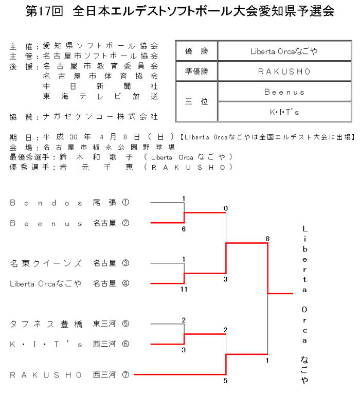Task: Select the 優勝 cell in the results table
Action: pos(196,51)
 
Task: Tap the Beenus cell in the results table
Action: pos(284,92)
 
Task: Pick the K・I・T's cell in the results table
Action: pos(284,112)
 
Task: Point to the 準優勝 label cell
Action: pos(196,71)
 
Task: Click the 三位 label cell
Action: pos(196,102)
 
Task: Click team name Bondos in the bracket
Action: pos(46,203)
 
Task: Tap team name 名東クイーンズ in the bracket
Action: pos(46,263)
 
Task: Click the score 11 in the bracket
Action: pos(184,290)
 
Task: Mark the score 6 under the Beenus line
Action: pos(184,229)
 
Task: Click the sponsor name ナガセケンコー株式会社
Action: pos(100,117)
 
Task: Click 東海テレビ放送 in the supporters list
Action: pos(100,96)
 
